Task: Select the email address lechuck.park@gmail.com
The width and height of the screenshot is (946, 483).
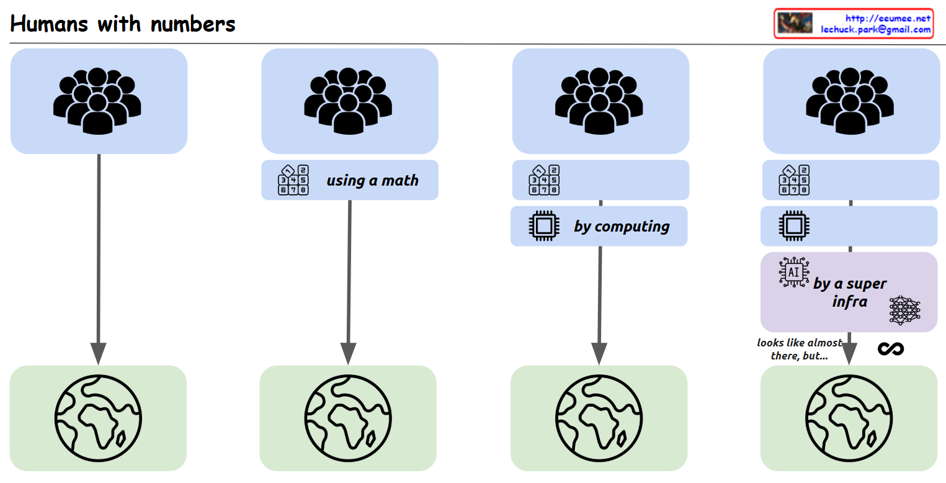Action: pos(875,29)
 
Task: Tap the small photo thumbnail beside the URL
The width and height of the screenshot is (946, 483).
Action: pos(795,24)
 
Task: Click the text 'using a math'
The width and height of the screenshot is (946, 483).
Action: pos(372,181)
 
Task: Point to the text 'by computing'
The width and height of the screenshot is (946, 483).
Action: pos(622,226)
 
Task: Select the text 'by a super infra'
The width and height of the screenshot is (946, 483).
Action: pos(849,292)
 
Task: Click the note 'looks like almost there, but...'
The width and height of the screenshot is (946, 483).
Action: pos(799,349)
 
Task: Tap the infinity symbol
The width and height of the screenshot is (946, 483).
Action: pos(891,349)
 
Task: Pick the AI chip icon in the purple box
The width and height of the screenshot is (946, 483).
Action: pos(794,271)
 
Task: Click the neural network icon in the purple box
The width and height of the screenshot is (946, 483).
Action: pos(904,310)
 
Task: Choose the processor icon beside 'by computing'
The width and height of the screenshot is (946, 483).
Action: pos(543,226)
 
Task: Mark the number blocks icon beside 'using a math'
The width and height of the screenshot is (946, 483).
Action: pos(293,180)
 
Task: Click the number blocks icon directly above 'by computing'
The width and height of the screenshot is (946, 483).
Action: pos(544,180)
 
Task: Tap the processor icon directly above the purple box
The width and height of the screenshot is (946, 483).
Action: pos(794,226)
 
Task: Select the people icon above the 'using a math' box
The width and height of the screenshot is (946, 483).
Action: pos(349,101)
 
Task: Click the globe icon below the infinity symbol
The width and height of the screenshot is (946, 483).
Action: pos(849,418)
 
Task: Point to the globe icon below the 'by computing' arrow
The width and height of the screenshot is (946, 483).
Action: pos(598,418)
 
